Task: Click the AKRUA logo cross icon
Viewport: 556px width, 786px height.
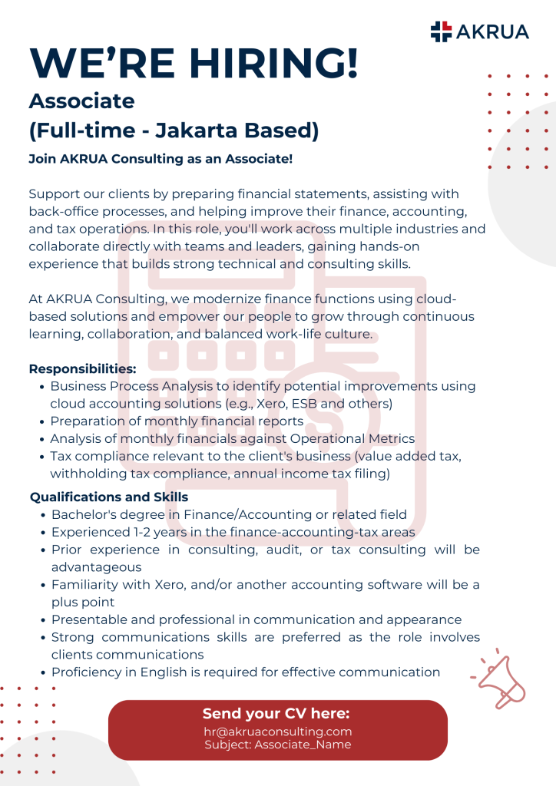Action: tap(441, 31)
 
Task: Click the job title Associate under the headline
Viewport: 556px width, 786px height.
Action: tap(81, 101)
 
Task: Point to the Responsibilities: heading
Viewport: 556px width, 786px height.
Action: tap(82, 368)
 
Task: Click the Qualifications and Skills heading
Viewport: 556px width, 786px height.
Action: tap(108, 497)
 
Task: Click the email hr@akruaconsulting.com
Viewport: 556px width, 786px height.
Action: tap(277, 732)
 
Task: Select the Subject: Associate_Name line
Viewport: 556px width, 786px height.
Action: tap(277, 745)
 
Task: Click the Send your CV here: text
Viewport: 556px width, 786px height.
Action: tap(276, 714)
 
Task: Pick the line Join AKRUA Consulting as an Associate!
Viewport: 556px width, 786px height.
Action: tap(161, 159)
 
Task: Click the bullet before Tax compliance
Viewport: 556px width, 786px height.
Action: tap(42, 457)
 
